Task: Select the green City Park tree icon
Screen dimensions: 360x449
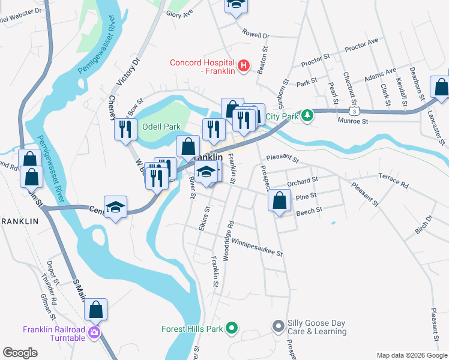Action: pyautogui.click(x=307, y=114)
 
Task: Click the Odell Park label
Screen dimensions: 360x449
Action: pyautogui.click(x=161, y=127)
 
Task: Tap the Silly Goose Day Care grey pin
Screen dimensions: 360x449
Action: pyautogui.click(x=277, y=327)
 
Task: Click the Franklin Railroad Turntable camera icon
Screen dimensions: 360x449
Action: pyautogui.click(x=94, y=332)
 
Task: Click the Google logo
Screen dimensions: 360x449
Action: pyautogui.click(x=20, y=353)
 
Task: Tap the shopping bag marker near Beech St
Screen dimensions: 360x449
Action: pyautogui.click(x=279, y=201)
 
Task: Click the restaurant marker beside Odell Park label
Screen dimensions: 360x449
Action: pyautogui.click(x=125, y=129)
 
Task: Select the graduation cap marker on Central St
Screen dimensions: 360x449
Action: pyautogui.click(x=115, y=208)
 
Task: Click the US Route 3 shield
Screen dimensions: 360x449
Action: pyautogui.click(x=355, y=111)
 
